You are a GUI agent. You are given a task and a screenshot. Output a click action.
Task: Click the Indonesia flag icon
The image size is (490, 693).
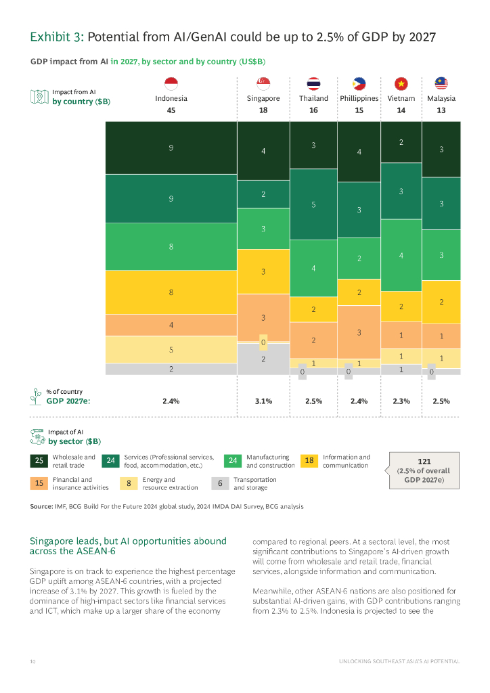point(171,83)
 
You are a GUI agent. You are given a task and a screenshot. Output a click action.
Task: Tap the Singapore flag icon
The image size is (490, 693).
point(263,83)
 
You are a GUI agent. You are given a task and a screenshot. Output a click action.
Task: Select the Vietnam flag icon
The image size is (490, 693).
point(401,83)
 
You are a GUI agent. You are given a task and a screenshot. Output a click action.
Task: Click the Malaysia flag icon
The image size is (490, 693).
point(441,83)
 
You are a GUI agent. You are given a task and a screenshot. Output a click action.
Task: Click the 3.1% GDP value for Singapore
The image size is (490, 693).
point(263,401)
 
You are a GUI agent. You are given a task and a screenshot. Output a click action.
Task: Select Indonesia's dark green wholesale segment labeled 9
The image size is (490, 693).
point(171,148)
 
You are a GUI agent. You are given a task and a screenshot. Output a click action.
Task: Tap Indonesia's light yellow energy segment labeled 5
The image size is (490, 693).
point(171,350)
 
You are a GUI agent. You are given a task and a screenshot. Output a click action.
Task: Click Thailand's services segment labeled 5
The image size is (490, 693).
point(313,204)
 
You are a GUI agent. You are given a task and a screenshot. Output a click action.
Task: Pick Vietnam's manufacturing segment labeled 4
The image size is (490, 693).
point(401,256)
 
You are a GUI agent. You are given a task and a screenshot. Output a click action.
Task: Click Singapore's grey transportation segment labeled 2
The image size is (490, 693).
point(263,359)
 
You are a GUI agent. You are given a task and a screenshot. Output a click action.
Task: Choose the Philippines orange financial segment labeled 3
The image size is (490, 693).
point(359,332)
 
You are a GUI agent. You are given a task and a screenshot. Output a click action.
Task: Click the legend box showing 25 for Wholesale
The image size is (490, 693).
point(39,462)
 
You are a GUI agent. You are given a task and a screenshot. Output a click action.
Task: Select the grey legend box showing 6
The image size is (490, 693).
point(220,484)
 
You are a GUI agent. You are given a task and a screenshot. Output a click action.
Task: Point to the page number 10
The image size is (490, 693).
point(32,661)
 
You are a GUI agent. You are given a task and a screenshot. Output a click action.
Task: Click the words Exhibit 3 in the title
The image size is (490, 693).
point(56,38)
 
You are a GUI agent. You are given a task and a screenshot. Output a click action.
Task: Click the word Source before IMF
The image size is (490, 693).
point(41,506)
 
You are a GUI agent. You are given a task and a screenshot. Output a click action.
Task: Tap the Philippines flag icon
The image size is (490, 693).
point(359,83)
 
